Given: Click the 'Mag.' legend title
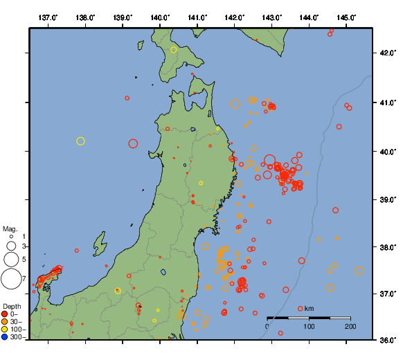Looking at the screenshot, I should click(x=10, y=228).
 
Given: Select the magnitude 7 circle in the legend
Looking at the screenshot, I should click(x=10, y=279).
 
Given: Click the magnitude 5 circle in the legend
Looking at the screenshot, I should click(x=10, y=259).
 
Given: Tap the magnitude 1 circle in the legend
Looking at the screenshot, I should click(x=11, y=237).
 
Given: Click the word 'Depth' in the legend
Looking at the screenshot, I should click(x=11, y=306).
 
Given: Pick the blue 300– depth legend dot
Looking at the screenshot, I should click(x=5, y=337).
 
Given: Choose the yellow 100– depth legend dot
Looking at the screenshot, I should click(x=5, y=330).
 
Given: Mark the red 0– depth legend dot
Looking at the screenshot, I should click(x=5, y=314).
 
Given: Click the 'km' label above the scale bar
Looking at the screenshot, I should click(x=310, y=307).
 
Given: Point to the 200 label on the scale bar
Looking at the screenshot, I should click(x=350, y=325).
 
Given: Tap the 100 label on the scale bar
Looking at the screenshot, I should click(x=309, y=325).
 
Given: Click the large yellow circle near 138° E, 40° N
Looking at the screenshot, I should click(x=80, y=141).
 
